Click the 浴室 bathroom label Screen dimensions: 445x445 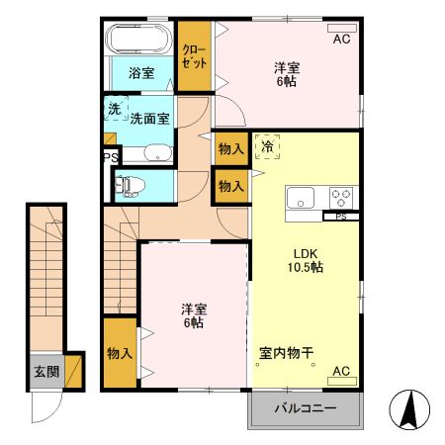coord(140,72)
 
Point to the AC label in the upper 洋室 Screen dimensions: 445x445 coord(341,40)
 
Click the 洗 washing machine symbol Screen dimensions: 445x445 coord(114,108)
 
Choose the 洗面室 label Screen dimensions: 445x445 coord(150,117)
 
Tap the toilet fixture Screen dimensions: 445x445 coord(130,184)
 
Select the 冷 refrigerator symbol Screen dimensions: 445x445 coord(267,146)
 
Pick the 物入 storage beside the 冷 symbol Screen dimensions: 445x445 coord(229,148)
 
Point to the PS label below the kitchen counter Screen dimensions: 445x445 coord(341,217)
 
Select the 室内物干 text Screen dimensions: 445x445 coord(288,352)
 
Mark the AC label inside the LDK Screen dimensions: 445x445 coord(341,371)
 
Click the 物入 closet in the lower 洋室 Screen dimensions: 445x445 coord(119,353)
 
